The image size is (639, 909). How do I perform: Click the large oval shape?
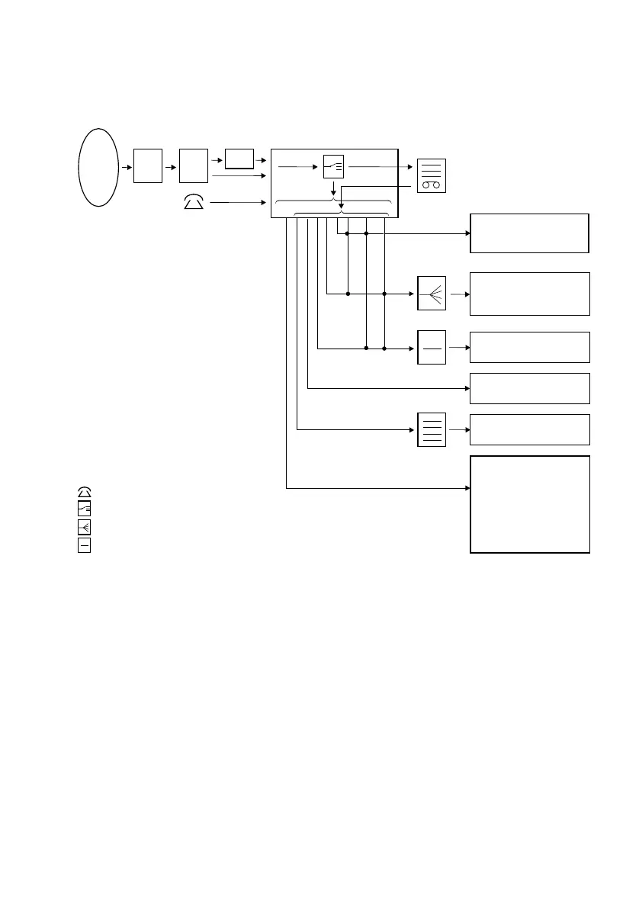click(98, 166)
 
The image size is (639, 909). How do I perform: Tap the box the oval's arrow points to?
click(148, 166)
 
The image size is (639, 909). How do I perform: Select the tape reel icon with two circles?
click(432, 175)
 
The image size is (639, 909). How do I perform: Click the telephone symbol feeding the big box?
click(194, 203)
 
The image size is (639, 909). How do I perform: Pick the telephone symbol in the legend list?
click(84, 491)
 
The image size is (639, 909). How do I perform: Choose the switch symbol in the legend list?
click(84, 509)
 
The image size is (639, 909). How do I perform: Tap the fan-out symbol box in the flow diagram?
click(432, 293)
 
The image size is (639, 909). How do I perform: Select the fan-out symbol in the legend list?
click(84, 527)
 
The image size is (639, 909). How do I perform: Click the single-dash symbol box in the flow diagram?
click(432, 348)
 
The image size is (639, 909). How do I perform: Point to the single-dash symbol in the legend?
click(84, 545)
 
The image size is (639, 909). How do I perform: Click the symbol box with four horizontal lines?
click(432, 429)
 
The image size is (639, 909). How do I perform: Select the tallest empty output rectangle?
click(530, 504)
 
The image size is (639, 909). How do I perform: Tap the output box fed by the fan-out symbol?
click(530, 294)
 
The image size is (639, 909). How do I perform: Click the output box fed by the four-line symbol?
click(530, 429)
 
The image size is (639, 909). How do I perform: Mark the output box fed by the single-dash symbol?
click(530, 347)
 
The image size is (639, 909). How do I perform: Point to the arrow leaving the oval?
click(125, 166)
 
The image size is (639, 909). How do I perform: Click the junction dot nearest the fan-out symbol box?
click(385, 293)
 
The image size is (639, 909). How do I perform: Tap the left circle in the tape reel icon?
click(426, 185)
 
